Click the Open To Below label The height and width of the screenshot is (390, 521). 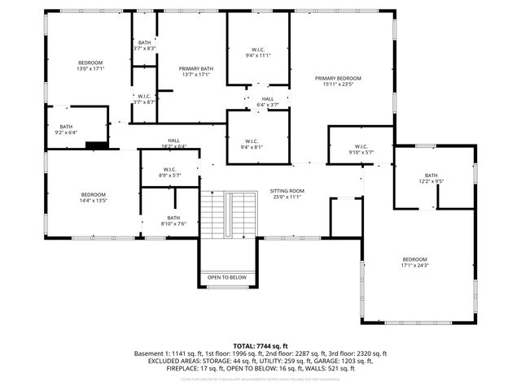click(x=227, y=277)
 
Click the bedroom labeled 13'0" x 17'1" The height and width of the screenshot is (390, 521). click(x=90, y=66)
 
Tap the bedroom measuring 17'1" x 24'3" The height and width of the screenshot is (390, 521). click(x=414, y=262)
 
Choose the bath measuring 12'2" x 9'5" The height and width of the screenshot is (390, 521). click(x=431, y=179)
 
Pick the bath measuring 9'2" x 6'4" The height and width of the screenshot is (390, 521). click(x=66, y=129)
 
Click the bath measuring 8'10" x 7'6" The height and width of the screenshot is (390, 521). click(x=173, y=220)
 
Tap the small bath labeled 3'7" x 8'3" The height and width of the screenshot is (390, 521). click(x=144, y=45)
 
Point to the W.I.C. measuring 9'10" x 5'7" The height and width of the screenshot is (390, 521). click(x=361, y=149)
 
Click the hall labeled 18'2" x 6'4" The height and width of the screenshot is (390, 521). click(x=173, y=143)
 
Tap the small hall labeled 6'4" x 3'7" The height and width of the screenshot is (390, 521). click(x=268, y=102)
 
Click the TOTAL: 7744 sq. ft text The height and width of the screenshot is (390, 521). click(x=260, y=346)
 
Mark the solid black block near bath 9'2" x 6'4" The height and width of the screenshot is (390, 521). click(x=96, y=146)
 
